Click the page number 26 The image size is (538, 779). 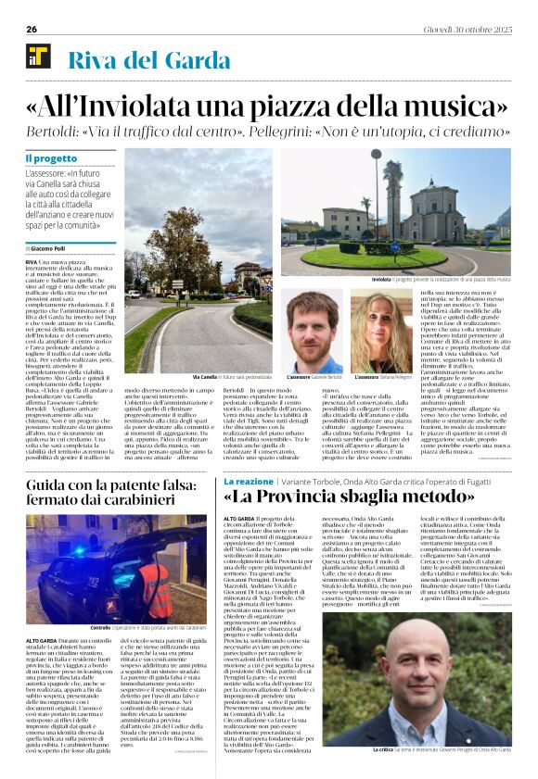[x=32, y=30]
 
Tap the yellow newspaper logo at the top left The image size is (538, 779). [x=38, y=57]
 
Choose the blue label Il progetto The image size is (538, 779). [x=51, y=158]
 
